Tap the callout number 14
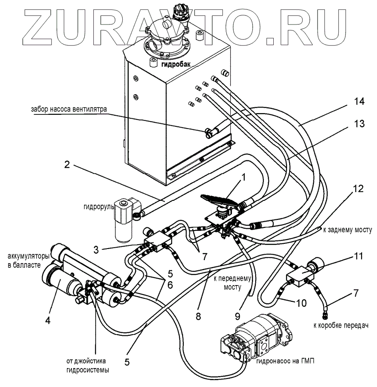point(359,102)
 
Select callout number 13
point(359,124)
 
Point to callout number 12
point(358,189)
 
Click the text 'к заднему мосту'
point(347,230)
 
